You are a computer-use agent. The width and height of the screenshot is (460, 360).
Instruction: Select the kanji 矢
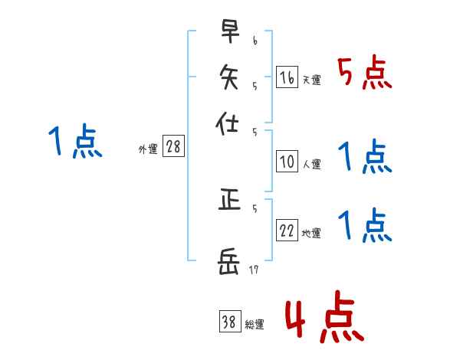(228, 77)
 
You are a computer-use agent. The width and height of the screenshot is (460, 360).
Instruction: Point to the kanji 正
(228, 201)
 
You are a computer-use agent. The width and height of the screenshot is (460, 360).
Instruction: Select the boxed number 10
(286, 162)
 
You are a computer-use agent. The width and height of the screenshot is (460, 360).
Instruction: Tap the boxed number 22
(286, 231)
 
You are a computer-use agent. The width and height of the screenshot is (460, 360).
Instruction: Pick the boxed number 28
(173, 147)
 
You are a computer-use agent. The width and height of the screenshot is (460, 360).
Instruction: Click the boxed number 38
(229, 322)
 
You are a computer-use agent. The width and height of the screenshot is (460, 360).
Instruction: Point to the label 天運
(310, 79)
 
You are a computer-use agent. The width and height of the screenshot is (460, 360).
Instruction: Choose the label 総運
(254, 325)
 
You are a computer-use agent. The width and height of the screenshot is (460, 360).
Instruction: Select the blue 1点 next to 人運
(364, 159)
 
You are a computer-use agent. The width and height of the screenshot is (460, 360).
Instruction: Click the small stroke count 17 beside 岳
(255, 268)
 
